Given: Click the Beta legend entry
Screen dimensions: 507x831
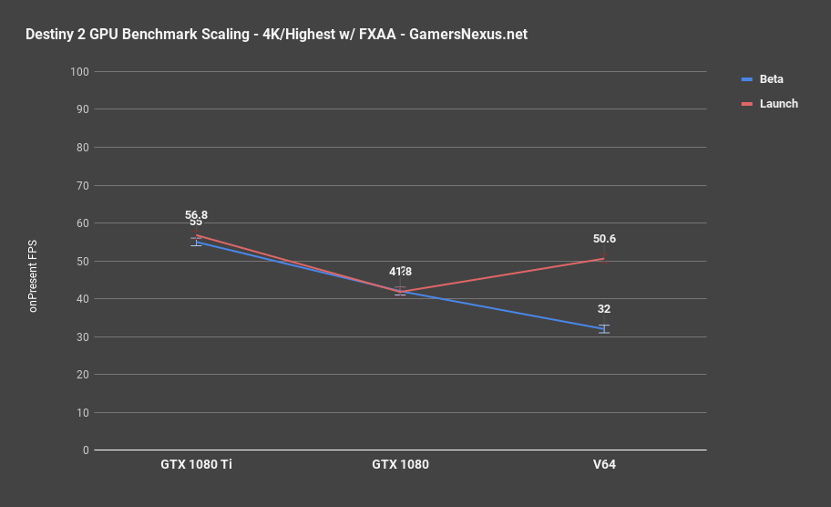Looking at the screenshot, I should click(x=771, y=79).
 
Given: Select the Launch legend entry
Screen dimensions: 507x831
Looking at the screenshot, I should click(x=778, y=104).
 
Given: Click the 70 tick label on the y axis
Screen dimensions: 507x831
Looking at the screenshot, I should click(x=82, y=185).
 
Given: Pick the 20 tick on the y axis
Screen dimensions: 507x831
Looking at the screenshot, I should click(x=82, y=375).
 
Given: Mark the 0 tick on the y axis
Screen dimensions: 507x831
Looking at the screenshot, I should click(x=85, y=450).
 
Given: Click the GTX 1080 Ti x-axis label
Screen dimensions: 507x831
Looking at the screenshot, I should click(x=196, y=464).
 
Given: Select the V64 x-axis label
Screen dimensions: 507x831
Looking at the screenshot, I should click(x=604, y=464).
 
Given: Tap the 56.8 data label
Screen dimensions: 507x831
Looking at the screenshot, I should click(x=196, y=215).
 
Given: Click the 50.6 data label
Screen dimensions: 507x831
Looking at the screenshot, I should click(x=604, y=239).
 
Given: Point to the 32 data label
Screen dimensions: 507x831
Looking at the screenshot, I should click(x=604, y=309).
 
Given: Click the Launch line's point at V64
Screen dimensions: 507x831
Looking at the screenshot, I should click(x=604, y=259).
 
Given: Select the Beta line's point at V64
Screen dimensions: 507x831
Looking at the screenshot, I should click(x=604, y=329).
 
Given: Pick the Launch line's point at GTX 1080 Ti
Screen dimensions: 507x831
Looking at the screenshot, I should click(x=196, y=235).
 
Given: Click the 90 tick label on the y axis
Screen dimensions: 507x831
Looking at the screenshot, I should click(x=82, y=109).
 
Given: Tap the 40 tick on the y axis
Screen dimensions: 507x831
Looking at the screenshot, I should click(x=82, y=299).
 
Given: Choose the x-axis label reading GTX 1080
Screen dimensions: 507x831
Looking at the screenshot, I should click(x=400, y=464).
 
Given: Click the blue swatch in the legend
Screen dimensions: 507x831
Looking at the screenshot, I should click(x=746, y=79).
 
